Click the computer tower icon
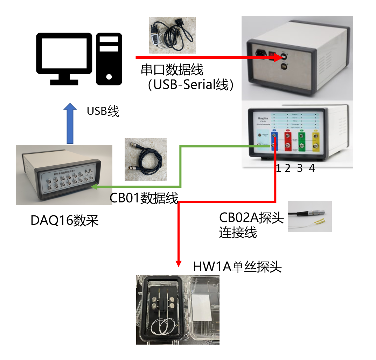click(x=109, y=58)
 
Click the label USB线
click(x=103, y=111)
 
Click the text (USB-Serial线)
click(x=190, y=85)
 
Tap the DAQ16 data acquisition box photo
click(x=64, y=175)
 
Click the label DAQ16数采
click(x=64, y=221)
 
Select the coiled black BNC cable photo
click(x=146, y=159)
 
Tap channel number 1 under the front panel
click(x=278, y=168)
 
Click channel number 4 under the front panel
click(x=312, y=168)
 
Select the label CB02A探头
click(x=251, y=217)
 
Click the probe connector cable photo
click(x=309, y=216)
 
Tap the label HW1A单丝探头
click(x=237, y=267)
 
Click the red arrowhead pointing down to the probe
click(x=179, y=262)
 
